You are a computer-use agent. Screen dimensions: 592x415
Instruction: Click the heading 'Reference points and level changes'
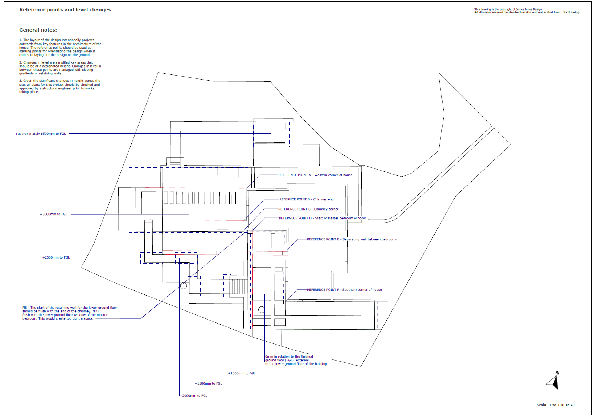tap(65, 10)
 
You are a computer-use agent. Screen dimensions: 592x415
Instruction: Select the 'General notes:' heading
tap(38, 30)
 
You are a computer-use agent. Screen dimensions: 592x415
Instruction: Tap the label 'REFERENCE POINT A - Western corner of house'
tap(315, 175)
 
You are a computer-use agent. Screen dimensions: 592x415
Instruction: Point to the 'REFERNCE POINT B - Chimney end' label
tap(306, 199)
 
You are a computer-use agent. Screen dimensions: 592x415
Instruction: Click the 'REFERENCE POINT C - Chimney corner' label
tap(308, 209)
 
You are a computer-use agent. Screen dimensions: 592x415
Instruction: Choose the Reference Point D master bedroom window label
tap(322, 218)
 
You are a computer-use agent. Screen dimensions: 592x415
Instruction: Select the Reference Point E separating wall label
tap(352, 239)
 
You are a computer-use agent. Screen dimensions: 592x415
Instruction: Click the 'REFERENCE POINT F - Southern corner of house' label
tap(344, 290)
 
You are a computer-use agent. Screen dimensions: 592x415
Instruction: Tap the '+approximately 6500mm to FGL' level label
tap(40, 134)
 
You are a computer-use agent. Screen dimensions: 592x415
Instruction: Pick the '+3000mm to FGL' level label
tap(54, 214)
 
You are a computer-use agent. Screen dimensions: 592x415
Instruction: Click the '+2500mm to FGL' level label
tap(56, 257)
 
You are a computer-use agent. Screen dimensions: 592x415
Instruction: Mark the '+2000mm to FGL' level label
tap(194, 396)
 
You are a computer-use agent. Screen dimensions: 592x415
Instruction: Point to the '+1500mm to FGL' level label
tap(209, 383)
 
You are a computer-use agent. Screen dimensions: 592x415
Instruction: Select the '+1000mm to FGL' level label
tap(242, 373)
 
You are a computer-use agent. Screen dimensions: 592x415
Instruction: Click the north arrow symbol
tap(553, 381)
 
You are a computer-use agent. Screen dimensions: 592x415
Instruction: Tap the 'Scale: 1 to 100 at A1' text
tap(555, 405)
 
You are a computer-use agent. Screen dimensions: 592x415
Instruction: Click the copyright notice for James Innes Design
tap(527, 11)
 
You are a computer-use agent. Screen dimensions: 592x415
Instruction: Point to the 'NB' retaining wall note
tap(70, 313)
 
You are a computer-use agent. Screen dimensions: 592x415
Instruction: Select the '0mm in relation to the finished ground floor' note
tap(296, 360)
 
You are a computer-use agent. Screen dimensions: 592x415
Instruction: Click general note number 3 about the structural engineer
tap(60, 86)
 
